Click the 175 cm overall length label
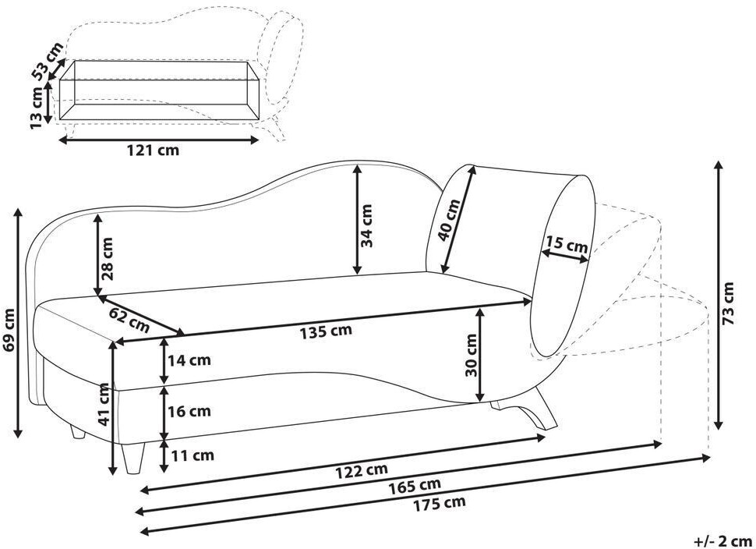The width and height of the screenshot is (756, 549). point(440,503)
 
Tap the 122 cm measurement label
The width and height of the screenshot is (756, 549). point(362,470)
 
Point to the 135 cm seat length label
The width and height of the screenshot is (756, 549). point(326,332)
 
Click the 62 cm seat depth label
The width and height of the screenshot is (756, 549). point(129,320)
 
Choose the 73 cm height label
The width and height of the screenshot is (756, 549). point(728,303)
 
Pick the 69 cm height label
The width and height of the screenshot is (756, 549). point(9,329)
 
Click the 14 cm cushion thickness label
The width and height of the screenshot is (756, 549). point(189,360)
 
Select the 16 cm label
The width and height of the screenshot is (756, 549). point(189,411)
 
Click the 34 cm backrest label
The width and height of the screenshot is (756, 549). point(366,225)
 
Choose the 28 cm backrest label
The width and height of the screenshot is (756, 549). point(107,259)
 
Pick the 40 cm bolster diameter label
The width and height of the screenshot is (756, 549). point(449,219)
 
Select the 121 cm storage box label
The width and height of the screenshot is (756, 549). point(152,150)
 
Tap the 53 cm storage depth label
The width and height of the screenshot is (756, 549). point(48,61)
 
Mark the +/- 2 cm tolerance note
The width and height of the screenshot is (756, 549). point(723,540)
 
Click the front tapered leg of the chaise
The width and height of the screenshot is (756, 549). point(133,457)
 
